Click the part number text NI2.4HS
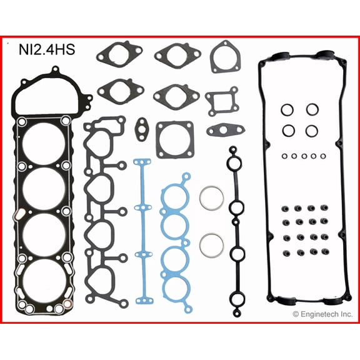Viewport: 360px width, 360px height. click(47, 49)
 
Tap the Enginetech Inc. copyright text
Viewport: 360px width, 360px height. click(322, 314)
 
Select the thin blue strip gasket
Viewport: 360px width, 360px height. click(143, 229)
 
